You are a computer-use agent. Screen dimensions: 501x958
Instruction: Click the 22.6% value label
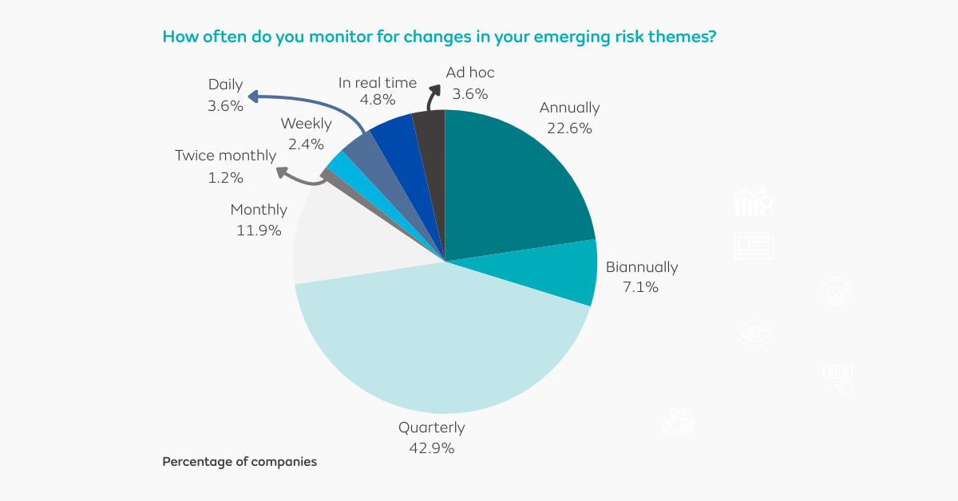(x=569, y=128)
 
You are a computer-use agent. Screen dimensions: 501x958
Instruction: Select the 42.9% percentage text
(x=431, y=448)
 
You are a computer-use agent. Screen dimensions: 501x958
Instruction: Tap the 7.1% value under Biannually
(x=640, y=287)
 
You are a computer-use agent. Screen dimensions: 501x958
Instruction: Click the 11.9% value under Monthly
(x=259, y=231)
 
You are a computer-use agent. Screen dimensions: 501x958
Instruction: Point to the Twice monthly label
(x=225, y=156)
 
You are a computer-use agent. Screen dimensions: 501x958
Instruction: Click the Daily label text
(x=225, y=85)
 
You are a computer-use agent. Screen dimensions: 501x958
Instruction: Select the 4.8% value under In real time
(x=378, y=101)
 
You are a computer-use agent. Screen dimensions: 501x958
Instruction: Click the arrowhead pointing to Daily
(x=253, y=97)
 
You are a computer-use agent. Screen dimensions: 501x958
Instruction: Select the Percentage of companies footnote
(x=239, y=462)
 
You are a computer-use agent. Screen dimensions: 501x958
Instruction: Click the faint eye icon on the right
(x=754, y=333)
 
